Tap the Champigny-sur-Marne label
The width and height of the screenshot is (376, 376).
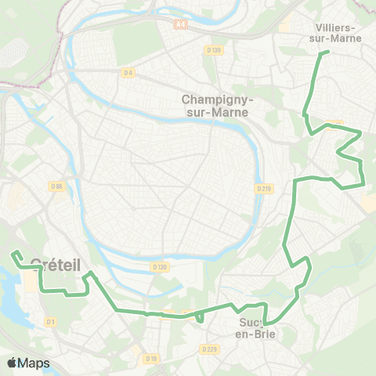click(215, 105)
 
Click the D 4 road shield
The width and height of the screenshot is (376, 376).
click(128, 73)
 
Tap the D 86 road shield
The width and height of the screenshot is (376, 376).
click(56, 186)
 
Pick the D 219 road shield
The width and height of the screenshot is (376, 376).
click(263, 188)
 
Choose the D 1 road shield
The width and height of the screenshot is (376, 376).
click(51, 321)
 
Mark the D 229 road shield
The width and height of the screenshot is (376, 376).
click(208, 349)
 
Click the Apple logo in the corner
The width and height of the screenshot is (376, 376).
click(11, 363)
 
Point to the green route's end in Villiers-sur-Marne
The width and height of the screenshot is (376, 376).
click(327, 52)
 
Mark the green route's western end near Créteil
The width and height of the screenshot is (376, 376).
click(13, 253)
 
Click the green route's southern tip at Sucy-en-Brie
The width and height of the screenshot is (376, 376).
click(266, 322)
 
